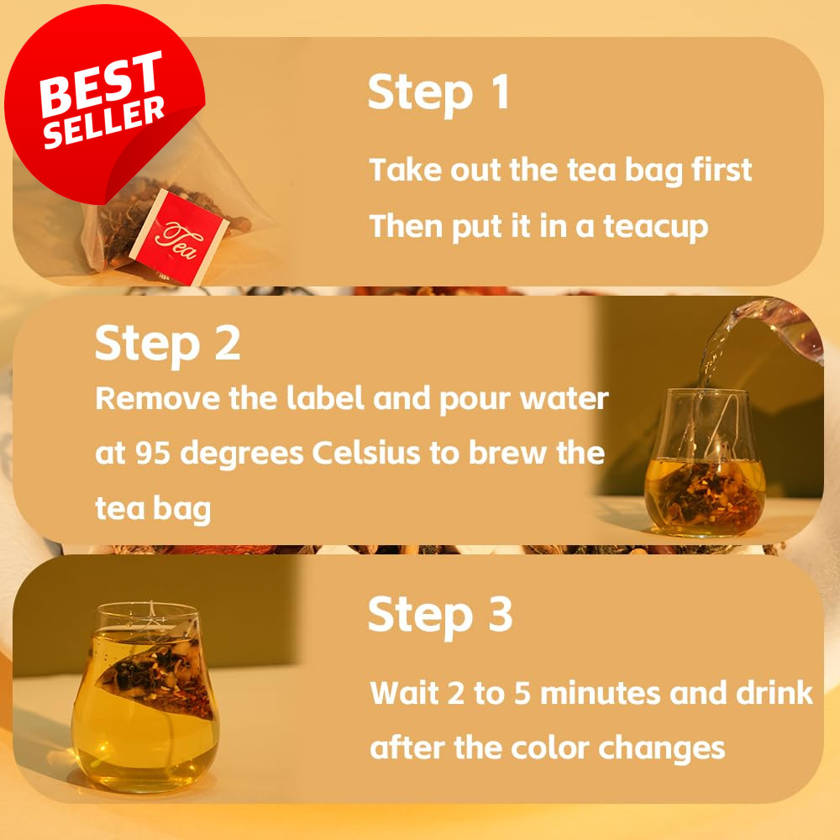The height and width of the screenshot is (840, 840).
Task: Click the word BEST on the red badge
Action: [101, 82]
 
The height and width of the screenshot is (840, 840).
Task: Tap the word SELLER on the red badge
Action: [104, 122]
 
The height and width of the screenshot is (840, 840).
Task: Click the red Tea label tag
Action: [178, 236]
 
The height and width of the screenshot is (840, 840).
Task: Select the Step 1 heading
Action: [438, 93]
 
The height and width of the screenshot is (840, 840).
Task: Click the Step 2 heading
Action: [167, 344]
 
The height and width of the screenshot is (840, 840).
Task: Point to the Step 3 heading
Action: [440, 615]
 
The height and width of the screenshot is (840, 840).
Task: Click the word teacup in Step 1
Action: [656, 227]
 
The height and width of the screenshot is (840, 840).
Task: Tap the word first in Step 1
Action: [722, 170]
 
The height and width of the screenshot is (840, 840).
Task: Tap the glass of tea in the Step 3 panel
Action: [145, 696]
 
